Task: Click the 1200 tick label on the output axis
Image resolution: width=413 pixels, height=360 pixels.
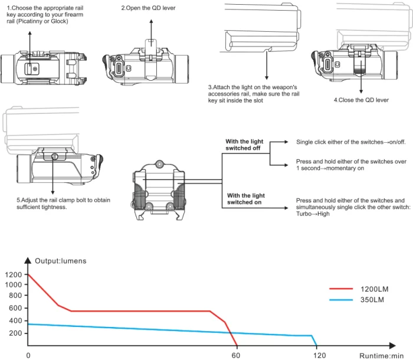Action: pyautogui.click(x=14, y=274)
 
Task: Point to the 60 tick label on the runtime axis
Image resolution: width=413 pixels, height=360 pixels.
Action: pyautogui.click(x=236, y=355)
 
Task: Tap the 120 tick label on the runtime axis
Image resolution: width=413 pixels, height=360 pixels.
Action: pyautogui.click(x=320, y=355)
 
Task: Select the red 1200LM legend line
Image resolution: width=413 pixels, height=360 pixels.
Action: pyautogui.click(x=341, y=289)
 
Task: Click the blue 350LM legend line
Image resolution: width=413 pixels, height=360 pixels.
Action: pyautogui.click(x=341, y=300)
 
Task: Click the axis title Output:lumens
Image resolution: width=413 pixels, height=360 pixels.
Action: pyautogui.click(x=61, y=261)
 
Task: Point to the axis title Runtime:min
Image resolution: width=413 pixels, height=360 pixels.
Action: pyautogui.click(x=381, y=356)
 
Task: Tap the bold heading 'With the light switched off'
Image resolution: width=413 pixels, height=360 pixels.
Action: pyautogui.click(x=244, y=145)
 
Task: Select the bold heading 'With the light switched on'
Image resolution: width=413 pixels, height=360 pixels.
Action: pyautogui.click(x=246, y=199)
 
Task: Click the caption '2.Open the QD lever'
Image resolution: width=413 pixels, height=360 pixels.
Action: pyautogui.click(x=148, y=8)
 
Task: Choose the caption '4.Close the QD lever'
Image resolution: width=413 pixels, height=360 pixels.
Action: pyautogui.click(x=361, y=100)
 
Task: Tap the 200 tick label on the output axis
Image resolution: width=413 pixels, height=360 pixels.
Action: pyautogui.click(x=15, y=333)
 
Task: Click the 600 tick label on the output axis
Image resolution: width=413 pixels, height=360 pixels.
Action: pyautogui.click(x=15, y=308)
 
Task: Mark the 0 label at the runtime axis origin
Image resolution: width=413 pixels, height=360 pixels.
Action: pyautogui.click(x=28, y=355)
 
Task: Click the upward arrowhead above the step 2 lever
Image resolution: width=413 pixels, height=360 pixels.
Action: pyautogui.click(x=151, y=21)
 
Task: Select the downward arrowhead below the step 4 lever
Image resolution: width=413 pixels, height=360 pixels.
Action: pyautogui.click(x=361, y=91)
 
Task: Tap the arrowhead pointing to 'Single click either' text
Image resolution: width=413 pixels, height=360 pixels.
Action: pyautogui.click(x=286, y=142)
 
